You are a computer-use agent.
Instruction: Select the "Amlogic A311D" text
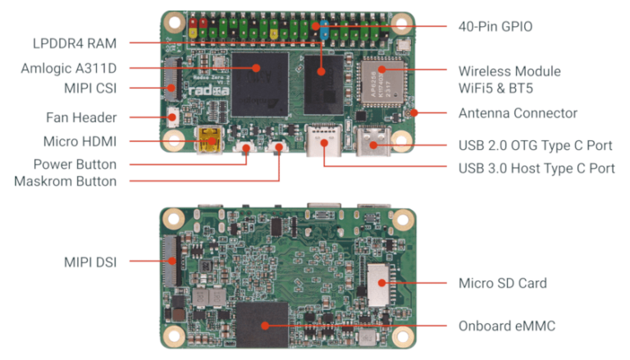[x=69, y=68]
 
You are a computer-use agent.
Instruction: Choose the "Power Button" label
[x=75, y=164]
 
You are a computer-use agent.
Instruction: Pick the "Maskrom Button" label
[x=65, y=180]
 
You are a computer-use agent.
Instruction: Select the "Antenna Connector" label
[x=517, y=113]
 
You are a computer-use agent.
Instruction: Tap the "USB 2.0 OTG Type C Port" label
[x=535, y=146]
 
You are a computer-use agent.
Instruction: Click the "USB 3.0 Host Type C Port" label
[x=536, y=168]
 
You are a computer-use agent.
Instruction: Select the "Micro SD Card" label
[x=502, y=284]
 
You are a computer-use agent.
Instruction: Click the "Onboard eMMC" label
[x=506, y=326]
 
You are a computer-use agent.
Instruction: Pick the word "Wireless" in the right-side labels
[x=483, y=71]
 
